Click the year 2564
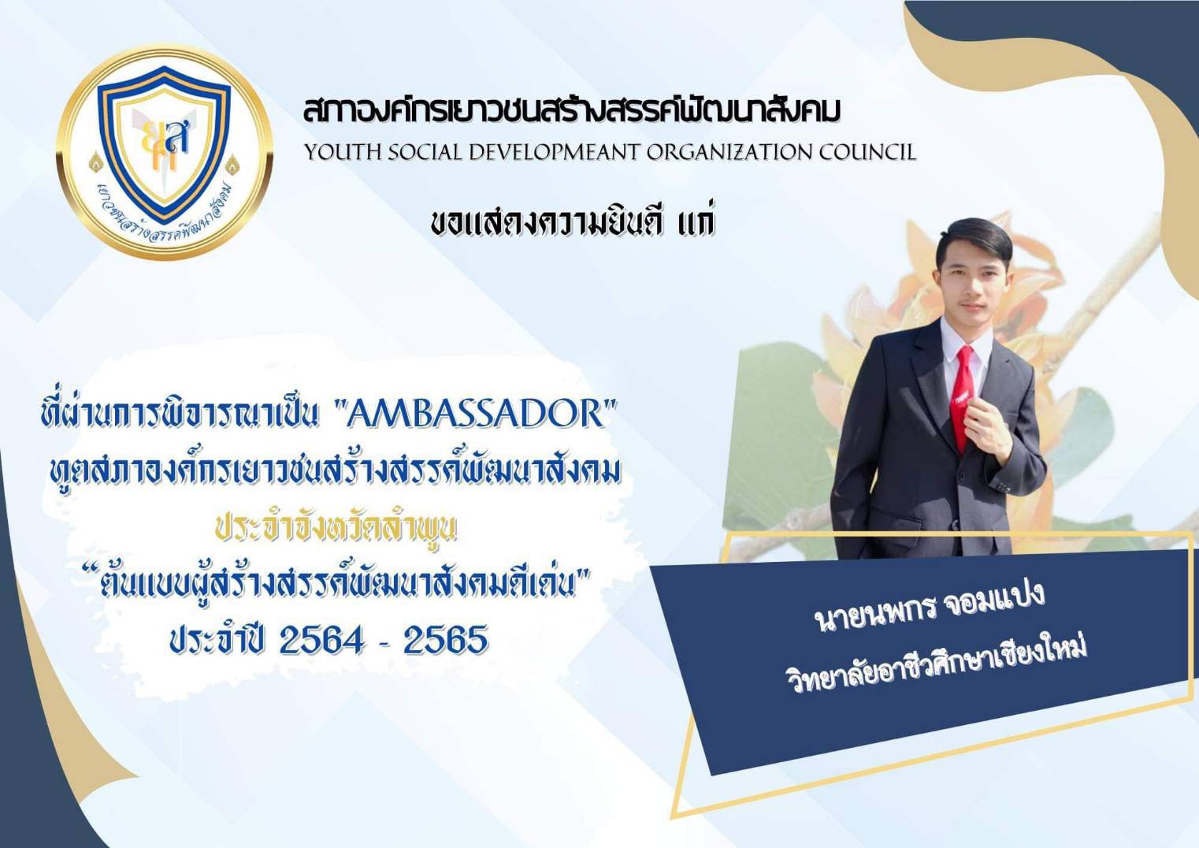coord(321,640)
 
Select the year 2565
coord(446,640)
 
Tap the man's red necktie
coord(963,396)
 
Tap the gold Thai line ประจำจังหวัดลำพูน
coord(336,530)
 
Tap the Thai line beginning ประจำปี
coord(329,640)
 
